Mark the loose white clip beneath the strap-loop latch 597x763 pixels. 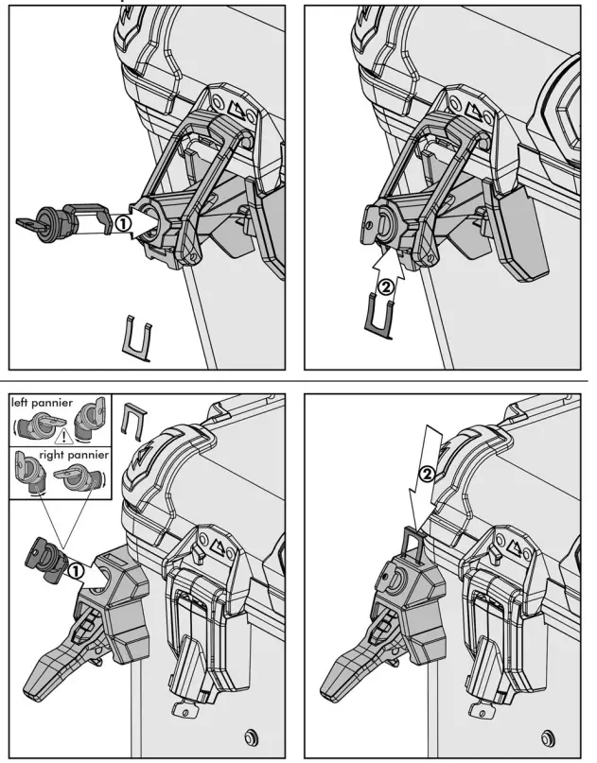coord(139,338)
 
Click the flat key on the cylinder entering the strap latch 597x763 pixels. coord(33,223)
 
